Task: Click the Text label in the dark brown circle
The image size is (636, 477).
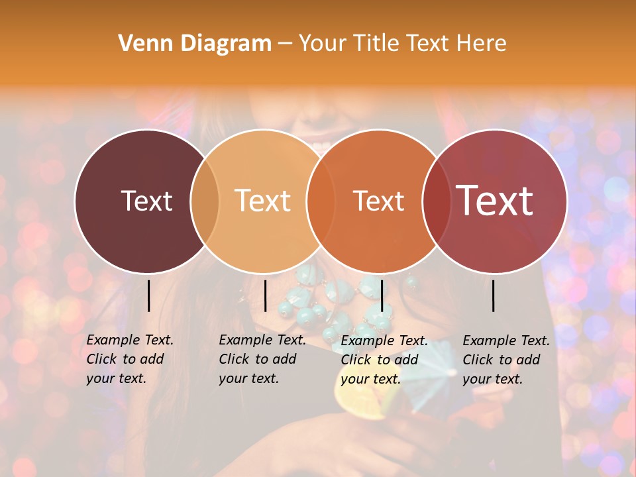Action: coord(146,201)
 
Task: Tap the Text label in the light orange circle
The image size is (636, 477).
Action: coord(262,201)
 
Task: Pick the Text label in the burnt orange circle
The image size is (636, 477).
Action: coord(378,201)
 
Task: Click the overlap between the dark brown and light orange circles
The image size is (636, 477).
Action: coord(205,201)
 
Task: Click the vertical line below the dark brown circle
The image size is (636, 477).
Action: coord(148,295)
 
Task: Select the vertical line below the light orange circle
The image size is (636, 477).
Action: coord(265,295)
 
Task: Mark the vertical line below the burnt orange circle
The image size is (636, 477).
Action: coord(382,295)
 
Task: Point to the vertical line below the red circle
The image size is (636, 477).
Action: coord(494,295)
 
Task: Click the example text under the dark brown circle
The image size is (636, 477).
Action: coord(129,359)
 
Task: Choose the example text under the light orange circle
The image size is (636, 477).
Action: coord(262,359)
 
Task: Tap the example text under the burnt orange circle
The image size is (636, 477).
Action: coord(384,360)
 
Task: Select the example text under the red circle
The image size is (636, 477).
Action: coord(505,360)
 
